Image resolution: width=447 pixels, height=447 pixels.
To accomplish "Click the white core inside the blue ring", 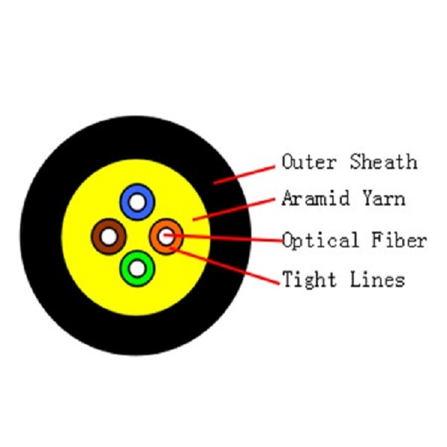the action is click(x=137, y=202).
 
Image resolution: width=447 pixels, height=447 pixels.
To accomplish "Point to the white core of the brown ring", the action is click(x=109, y=237).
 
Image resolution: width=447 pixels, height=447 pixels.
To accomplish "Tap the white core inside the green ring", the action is click(x=137, y=268).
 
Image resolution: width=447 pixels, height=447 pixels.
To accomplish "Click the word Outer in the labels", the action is click(x=309, y=162).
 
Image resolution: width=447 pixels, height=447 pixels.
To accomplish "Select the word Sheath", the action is click(x=384, y=162).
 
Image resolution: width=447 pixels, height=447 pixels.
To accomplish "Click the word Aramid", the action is click(x=316, y=198).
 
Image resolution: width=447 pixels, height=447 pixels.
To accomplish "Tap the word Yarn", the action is click(x=384, y=198).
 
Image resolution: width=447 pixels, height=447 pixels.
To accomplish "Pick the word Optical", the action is click(x=320, y=241).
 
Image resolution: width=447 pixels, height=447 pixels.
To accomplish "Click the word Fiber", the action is click(x=399, y=240).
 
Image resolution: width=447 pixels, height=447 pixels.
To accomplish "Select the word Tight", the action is click(x=309, y=279).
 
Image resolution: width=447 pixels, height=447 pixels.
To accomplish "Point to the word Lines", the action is click(x=378, y=279).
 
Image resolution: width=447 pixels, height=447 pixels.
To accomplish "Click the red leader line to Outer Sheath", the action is click(x=244, y=174).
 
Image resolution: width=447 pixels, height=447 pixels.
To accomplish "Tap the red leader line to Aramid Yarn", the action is click(x=234, y=209).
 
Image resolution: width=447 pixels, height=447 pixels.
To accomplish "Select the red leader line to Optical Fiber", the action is click(x=223, y=238).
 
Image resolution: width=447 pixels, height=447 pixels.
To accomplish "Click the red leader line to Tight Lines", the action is click(x=225, y=266).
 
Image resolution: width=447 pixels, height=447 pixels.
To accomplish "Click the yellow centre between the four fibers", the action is click(x=137, y=236).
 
